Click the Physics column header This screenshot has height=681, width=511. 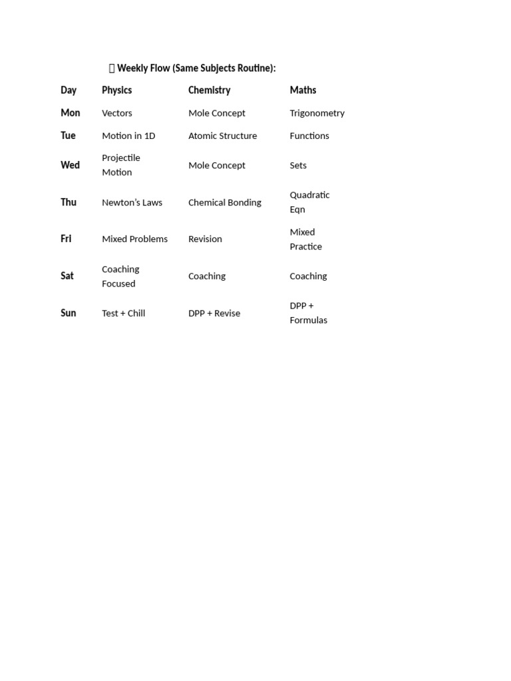tap(116, 90)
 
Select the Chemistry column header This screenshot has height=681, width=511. tap(209, 90)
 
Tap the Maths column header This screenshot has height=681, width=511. tap(303, 90)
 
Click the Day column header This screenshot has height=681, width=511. tap(69, 90)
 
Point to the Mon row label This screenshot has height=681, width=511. tap(70, 113)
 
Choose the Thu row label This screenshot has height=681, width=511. tap(69, 202)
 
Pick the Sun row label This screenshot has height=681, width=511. tap(68, 313)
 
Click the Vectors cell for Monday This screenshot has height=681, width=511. tap(117, 113)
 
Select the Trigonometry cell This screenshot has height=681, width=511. tap(317, 113)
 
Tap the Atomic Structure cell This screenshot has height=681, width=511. tap(222, 136)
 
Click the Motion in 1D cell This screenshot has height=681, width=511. tap(128, 136)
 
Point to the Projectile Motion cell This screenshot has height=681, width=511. tap(120, 165)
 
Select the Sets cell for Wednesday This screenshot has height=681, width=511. tap(298, 166)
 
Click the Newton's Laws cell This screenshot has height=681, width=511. tap(132, 203)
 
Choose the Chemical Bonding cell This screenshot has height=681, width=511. tap(224, 203)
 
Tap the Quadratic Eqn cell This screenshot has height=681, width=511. tap(309, 202)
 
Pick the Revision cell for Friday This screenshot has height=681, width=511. tap(205, 239)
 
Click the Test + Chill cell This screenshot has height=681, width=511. tap(123, 313)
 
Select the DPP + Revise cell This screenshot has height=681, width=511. tap(214, 313)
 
